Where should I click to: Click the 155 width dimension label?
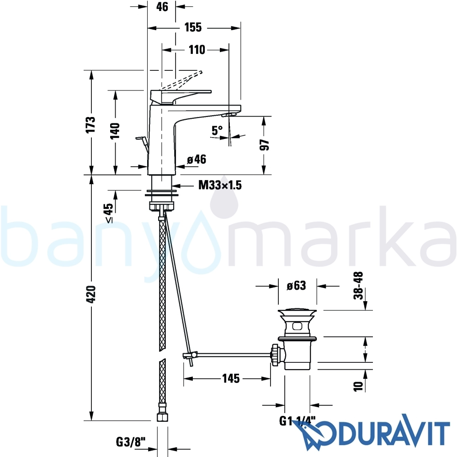[193, 27]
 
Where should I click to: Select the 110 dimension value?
[197, 50]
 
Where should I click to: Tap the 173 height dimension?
[91, 124]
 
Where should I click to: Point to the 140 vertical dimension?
[116, 131]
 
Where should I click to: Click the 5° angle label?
[217, 130]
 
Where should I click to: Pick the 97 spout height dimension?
[265, 145]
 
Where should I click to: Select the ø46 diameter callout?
[196, 159]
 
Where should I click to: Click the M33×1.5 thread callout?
[220, 185]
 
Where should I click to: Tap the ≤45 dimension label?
[108, 213]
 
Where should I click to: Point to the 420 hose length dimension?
[91, 294]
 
